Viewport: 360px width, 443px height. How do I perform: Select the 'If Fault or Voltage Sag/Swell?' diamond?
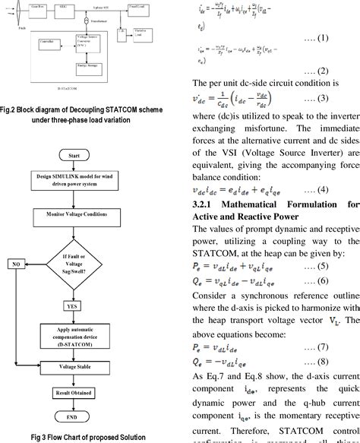[x=73, y=264]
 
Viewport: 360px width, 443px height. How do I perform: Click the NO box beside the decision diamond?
[x=14, y=264]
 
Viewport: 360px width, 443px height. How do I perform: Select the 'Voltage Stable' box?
[x=74, y=366]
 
